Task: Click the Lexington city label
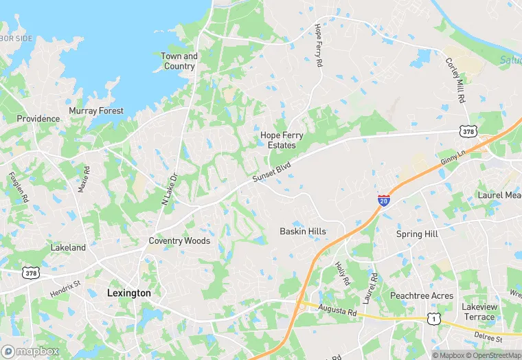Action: pyautogui.click(x=129, y=293)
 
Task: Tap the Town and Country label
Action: pyautogui.click(x=179, y=61)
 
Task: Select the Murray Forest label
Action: pyautogui.click(x=96, y=111)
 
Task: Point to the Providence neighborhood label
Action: pyautogui.click(x=38, y=119)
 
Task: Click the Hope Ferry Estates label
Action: pyautogui.click(x=282, y=140)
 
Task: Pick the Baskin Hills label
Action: pyautogui.click(x=303, y=232)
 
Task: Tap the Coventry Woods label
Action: pyautogui.click(x=179, y=241)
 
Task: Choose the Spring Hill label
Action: pyautogui.click(x=417, y=234)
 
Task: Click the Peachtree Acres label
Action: pyautogui.click(x=422, y=296)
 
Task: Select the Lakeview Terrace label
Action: pyautogui.click(x=479, y=312)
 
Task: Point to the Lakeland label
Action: pyautogui.click(x=68, y=247)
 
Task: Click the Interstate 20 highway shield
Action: pyautogui.click(x=384, y=200)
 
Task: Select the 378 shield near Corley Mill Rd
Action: pyautogui.click(x=467, y=130)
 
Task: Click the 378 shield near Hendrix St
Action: pyautogui.click(x=31, y=273)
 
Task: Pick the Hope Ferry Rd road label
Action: pyautogui.click(x=318, y=45)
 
